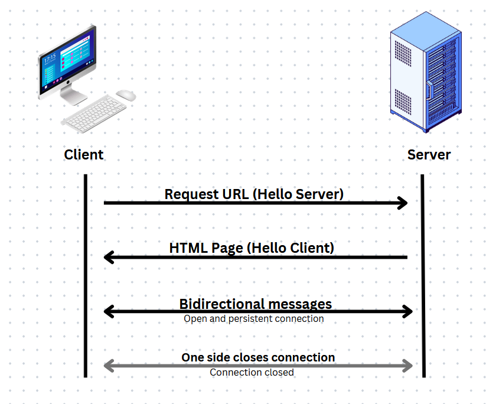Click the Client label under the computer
84,155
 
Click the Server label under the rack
429,155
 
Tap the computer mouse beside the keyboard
125,95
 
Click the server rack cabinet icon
425,74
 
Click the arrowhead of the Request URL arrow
403,203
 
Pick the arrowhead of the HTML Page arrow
107,257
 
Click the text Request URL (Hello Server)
254,194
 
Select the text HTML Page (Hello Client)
252,247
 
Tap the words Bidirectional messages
255,304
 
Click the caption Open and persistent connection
253,319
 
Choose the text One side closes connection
258,357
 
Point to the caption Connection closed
252,373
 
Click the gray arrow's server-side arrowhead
407,366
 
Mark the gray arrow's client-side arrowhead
108,366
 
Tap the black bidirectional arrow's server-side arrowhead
407,311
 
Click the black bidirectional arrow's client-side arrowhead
108,311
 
